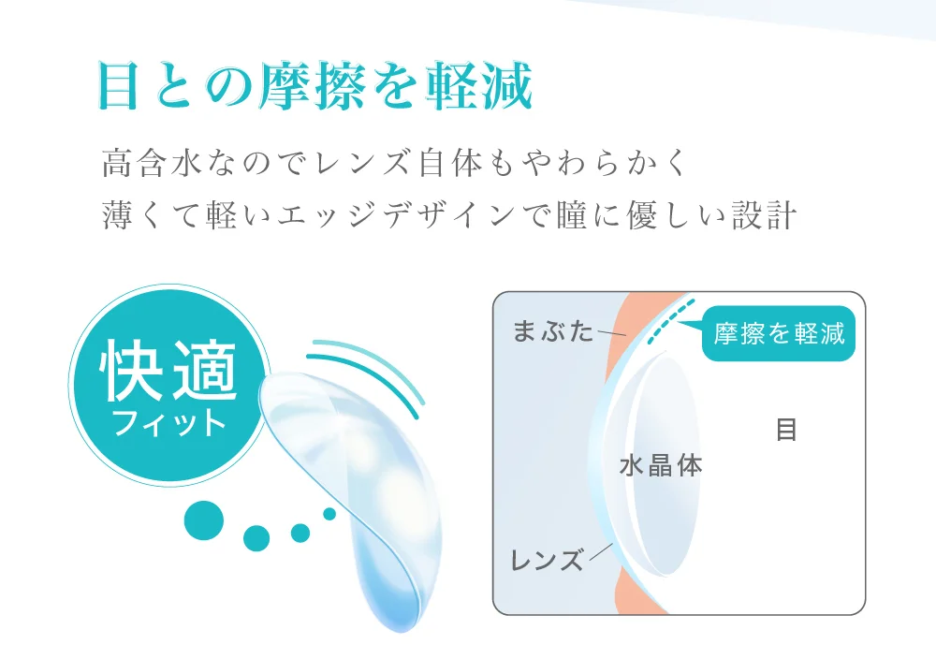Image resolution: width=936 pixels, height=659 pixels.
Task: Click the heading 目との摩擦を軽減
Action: click(314, 88)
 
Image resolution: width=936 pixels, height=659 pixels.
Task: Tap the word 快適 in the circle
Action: click(169, 373)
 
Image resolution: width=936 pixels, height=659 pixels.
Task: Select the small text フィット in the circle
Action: click(169, 423)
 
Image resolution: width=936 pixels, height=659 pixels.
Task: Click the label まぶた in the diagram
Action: click(553, 330)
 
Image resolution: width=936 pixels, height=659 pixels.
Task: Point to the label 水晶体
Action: click(661, 465)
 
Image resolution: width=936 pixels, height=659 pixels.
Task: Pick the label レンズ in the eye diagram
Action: click(547, 561)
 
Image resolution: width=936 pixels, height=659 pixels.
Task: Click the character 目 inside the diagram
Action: click(786, 430)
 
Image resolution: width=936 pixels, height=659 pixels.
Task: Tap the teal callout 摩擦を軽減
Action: click(779, 333)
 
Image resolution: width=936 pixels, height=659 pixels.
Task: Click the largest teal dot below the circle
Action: click(204, 520)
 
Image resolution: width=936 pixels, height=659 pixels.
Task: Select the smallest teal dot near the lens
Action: click(329, 513)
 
